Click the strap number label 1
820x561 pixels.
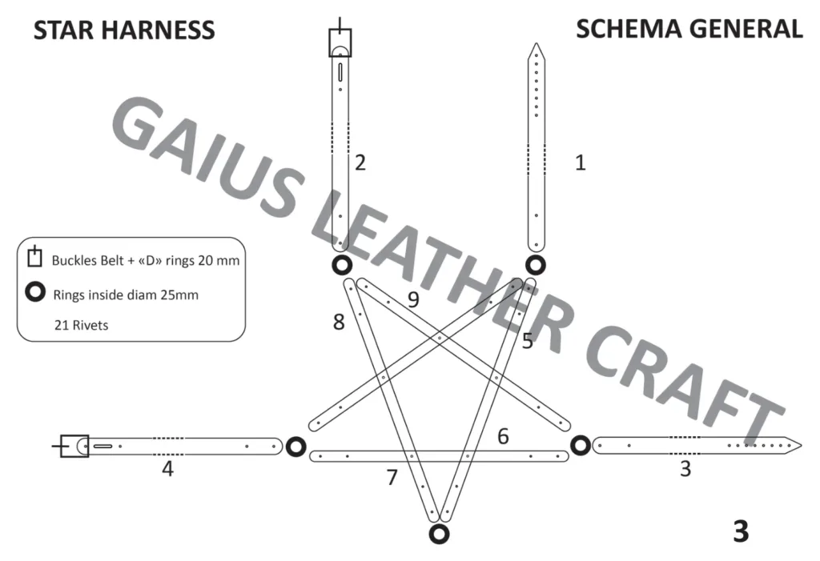580,162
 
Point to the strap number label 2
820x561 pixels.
360,162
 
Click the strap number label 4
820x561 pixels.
167,468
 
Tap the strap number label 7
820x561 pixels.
392,477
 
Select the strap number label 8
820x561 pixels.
339,322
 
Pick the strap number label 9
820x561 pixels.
413,299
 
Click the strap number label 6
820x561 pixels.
503,436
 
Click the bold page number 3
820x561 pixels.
741,531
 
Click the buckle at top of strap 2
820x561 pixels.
340,42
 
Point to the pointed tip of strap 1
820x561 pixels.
536,43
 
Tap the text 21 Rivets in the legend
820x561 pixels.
81,325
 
